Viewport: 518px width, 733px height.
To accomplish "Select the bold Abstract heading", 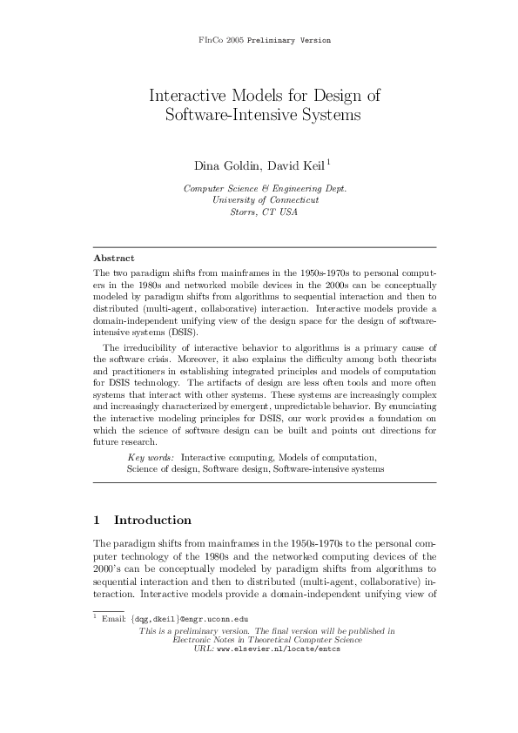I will [x=113, y=258].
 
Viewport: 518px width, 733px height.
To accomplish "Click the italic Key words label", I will [x=151, y=457].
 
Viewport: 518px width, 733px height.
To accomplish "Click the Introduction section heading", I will [x=152, y=521].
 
